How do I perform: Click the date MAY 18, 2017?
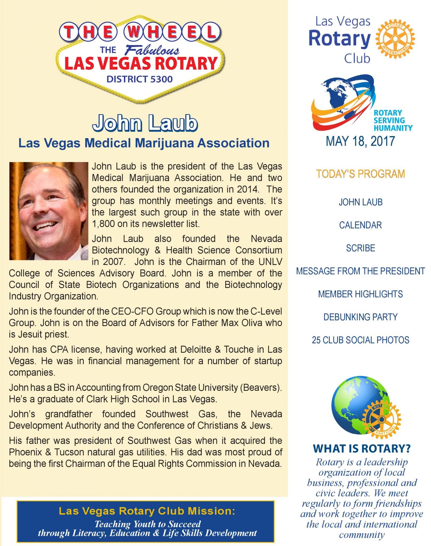tap(360, 141)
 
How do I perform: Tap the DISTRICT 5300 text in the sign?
tap(139, 79)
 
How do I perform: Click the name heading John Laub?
tap(145, 123)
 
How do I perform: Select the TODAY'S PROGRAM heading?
tap(360, 174)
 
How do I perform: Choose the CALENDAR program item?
tap(360, 225)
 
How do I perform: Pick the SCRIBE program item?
tap(360, 248)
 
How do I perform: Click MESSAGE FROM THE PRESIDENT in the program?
tap(360, 271)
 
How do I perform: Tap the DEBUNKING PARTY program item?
tap(360, 317)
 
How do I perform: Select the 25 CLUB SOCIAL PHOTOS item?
tap(360, 340)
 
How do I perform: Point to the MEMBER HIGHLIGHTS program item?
tap(360, 294)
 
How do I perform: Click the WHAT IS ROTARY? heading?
tap(362, 448)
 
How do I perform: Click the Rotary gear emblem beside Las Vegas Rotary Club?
tap(395, 39)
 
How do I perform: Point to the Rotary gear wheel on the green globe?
tap(381, 419)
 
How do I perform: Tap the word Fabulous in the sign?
tap(152, 50)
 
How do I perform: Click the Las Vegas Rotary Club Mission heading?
tap(147, 511)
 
